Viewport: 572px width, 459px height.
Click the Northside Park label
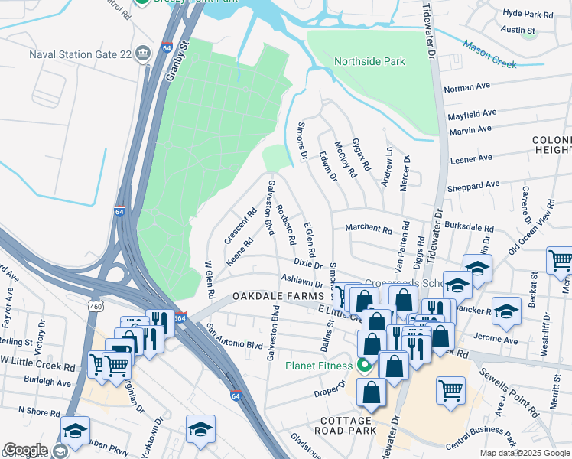(x=369, y=62)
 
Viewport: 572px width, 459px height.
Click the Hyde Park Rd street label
(x=528, y=15)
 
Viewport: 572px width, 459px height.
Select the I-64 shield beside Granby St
(x=166, y=48)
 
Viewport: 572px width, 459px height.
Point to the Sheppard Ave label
(x=474, y=185)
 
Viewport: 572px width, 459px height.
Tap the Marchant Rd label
(x=368, y=228)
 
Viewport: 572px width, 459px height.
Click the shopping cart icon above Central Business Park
(x=450, y=389)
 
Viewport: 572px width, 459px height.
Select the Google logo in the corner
(x=25, y=450)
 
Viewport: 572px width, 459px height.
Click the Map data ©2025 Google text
(x=524, y=453)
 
